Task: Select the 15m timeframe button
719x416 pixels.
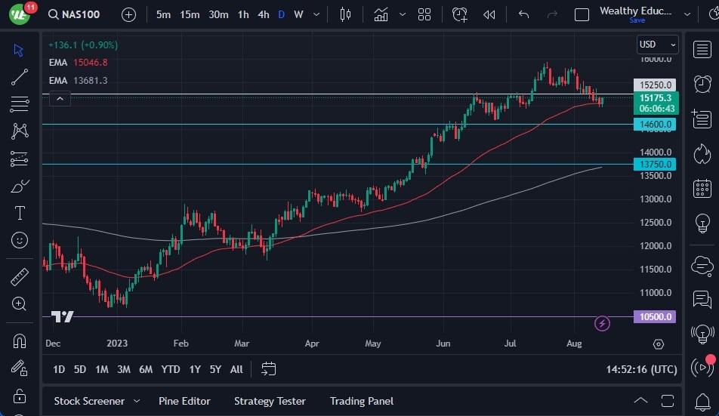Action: pos(190,14)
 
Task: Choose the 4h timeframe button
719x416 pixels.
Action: pos(263,14)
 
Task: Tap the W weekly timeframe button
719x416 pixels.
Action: pos(298,14)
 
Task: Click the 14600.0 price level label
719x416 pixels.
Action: pos(655,124)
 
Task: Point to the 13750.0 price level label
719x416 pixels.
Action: pos(655,164)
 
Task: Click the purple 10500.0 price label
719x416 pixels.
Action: pos(655,317)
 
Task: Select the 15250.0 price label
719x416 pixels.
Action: pos(655,85)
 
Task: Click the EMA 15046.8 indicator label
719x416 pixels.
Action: pos(78,63)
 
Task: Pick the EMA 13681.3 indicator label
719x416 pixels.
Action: pos(78,80)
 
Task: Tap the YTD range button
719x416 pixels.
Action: pos(171,369)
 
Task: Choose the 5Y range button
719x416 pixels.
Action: pos(215,369)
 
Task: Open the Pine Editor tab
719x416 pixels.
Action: pos(184,401)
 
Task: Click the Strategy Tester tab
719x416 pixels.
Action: pos(270,401)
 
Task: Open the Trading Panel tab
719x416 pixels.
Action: pos(361,401)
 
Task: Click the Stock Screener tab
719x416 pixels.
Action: pos(88,401)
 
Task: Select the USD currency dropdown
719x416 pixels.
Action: pos(657,45)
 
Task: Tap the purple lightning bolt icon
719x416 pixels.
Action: pos(602,324)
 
